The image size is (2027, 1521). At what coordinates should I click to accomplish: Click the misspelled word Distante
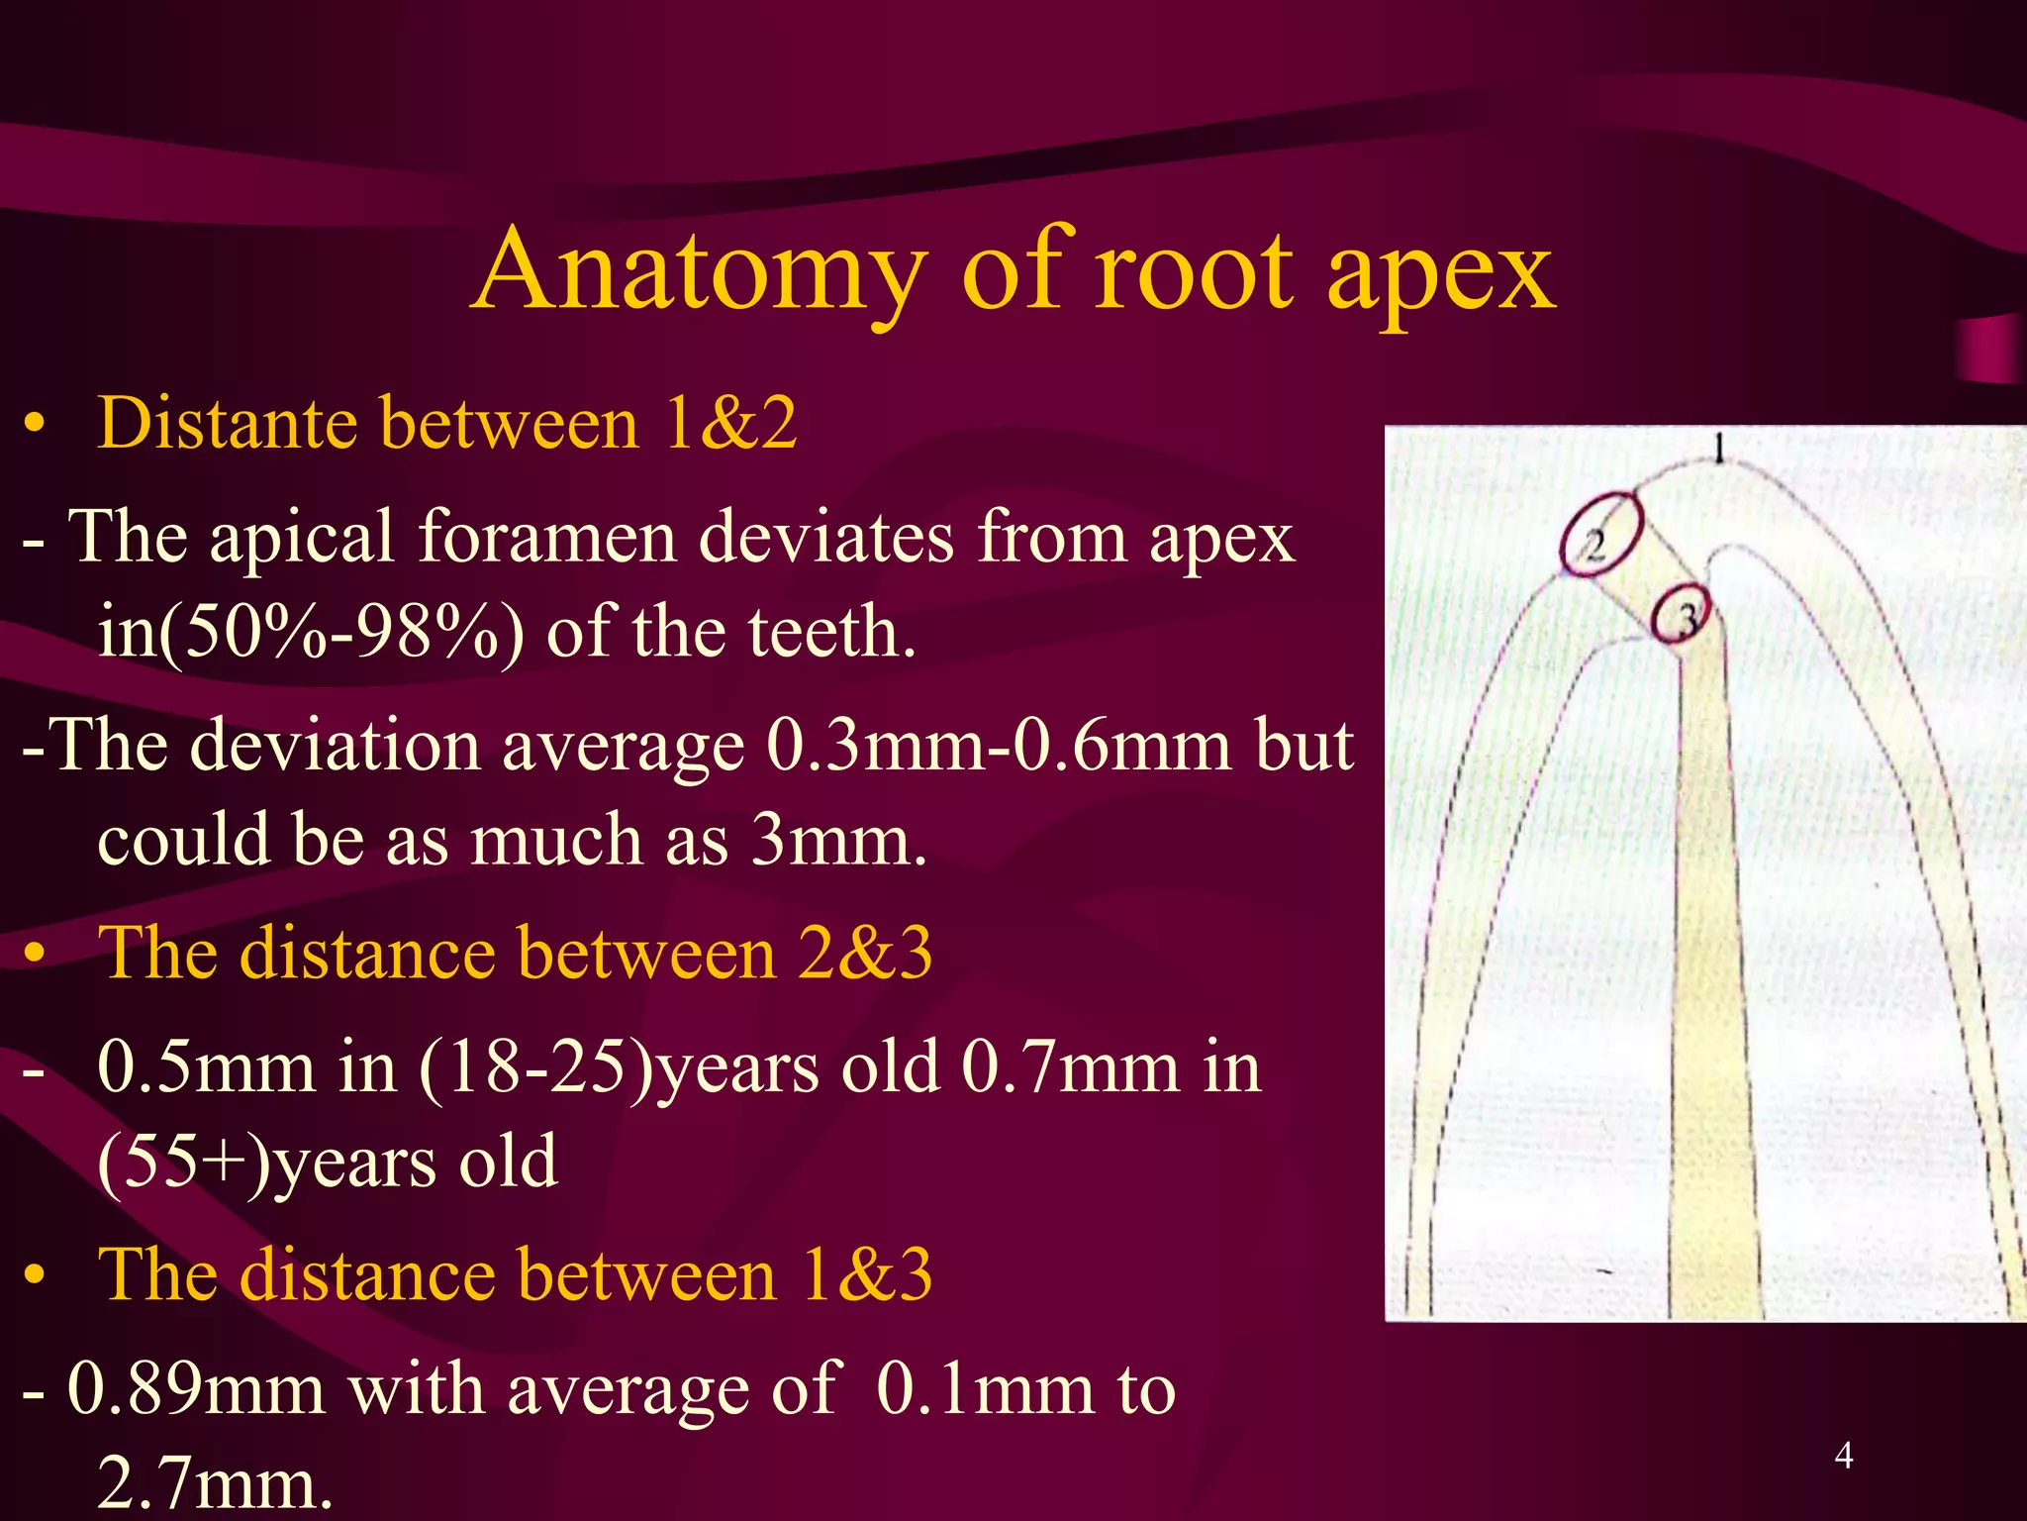click(228, 424)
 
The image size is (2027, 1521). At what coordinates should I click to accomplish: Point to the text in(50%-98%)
click(311, 632)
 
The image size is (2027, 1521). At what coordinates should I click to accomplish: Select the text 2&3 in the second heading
click(865, 954)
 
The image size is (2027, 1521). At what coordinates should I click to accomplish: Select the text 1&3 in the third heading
click(866, 1275)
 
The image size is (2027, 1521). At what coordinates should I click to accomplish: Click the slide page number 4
click(1843, 1456)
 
